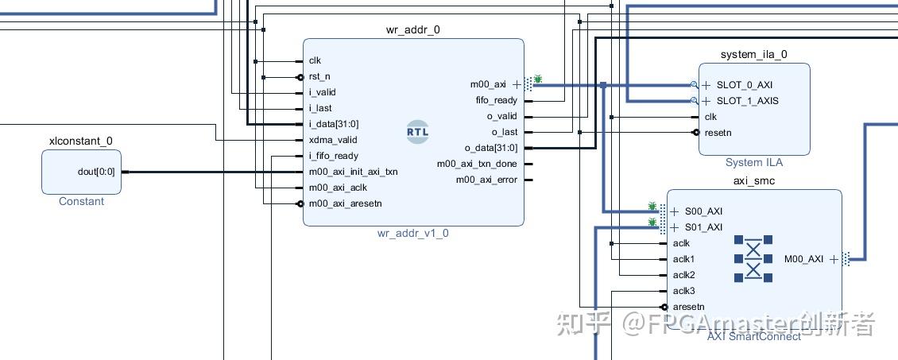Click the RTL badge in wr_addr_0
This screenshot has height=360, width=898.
[x=417, y=132]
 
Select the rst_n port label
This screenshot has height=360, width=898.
[x=319, y=77]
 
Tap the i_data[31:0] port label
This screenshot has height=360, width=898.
[x=334, y=124]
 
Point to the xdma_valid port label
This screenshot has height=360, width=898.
[x=333, y=140]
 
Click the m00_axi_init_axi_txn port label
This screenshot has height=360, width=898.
[x=354, y=172]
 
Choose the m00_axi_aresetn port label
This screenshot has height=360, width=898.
[x=346, y=203]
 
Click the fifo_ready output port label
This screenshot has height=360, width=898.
[x=496, y=100]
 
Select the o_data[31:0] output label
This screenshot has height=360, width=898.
[x=491, y=148]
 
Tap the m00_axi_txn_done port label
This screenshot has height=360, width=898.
[x=477, y=164]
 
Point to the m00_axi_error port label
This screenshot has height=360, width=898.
[x=486, y=180]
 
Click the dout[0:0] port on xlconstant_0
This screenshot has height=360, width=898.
[x=96, y=171]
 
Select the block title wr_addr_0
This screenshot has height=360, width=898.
[x=412, y=30]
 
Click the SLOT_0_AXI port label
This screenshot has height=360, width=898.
[x=744, y=85]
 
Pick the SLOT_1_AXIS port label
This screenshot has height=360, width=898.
[x=747, y=101]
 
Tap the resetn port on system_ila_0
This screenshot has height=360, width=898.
[x=718, y=133]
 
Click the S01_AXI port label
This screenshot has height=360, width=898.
[x=703, y=227]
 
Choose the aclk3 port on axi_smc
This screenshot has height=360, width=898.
[x=683, y=291]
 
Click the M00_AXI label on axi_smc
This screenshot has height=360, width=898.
[x=803, y=259]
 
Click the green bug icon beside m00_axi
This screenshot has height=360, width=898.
[x=538, y=79]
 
